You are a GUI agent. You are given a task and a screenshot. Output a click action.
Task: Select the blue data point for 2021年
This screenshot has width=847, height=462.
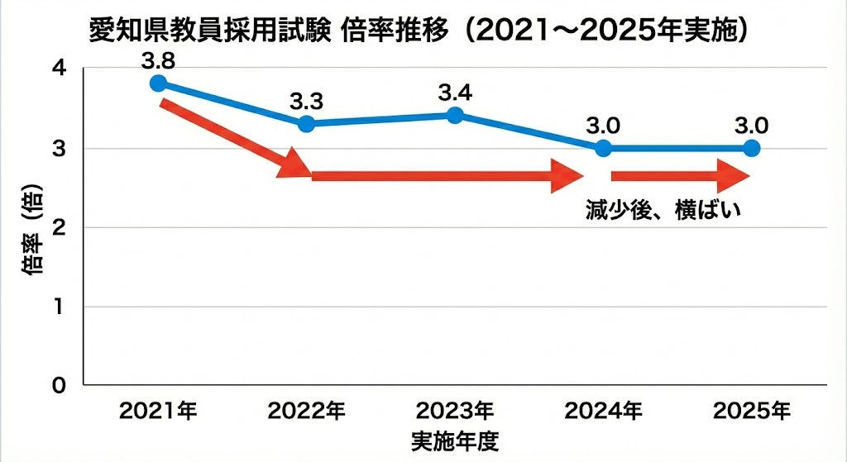pos(158,83)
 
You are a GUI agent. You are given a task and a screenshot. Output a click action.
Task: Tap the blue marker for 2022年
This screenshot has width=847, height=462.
pos(306,124)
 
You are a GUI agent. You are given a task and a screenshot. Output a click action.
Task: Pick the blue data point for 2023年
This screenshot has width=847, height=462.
pos(454,115)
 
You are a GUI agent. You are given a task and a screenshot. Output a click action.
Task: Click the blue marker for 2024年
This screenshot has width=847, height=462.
pos(603,149)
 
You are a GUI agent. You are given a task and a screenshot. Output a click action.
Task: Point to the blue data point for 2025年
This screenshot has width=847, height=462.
pos(751,149)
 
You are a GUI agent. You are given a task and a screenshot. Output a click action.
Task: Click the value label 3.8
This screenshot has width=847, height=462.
pos(158,60)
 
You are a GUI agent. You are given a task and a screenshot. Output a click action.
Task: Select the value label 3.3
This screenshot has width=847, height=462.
pos(306,102)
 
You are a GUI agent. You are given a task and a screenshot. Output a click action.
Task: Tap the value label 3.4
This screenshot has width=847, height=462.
pos(454,93)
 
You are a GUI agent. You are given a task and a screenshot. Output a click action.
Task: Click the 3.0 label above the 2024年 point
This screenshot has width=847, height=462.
pos(603,126)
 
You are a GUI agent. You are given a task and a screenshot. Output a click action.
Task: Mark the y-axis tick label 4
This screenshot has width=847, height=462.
pos(59,69)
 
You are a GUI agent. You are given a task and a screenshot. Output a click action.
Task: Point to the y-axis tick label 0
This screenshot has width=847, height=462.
pos(59,385)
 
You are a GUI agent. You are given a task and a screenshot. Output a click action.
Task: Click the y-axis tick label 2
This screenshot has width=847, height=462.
pos(59,227)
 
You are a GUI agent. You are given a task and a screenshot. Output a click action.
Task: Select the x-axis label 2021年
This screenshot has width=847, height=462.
pos(158,410)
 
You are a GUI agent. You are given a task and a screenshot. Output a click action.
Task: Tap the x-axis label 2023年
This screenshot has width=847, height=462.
pos(454,410)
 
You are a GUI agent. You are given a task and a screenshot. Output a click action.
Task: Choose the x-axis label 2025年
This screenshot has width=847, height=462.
pos(751,410)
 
